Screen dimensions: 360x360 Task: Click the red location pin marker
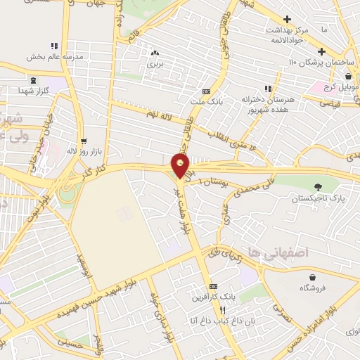(x=181, y=165)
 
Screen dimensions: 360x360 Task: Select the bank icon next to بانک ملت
(x=206, y=91)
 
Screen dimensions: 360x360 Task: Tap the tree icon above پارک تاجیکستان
(x=319, y=187)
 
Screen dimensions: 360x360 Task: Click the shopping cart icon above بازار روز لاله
(x=84, y=140)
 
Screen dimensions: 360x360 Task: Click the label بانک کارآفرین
(x=211, y=297)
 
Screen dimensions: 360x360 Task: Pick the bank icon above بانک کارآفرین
(x=214, y=286)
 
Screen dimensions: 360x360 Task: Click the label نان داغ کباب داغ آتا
(x=211, y=321)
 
